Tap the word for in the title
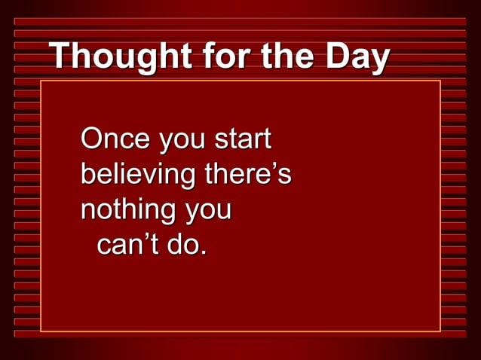tap(212, 56)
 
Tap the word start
tap(243, 140)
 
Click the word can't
tap(127, 245)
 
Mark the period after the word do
tap(204, 254)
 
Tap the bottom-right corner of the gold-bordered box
tap(440, 331)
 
